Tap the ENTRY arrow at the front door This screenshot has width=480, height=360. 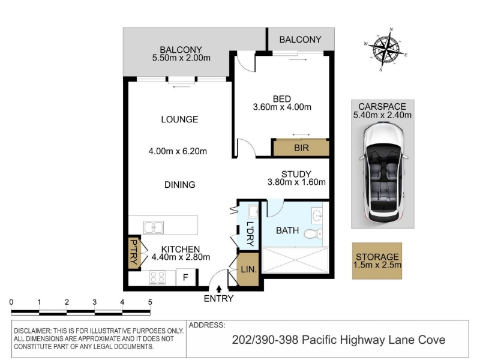(219, 289)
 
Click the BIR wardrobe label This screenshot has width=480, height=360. (301, 148)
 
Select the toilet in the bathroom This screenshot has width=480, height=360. (313, 234)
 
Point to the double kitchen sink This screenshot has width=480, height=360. (154, 227)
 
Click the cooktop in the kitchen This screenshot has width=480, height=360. (157, 278)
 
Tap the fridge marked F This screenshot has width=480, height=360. (185, 277)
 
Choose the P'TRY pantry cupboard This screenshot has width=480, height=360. (134, 252)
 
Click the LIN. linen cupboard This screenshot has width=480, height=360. (248, 269)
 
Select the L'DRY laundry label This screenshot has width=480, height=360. (250, 234)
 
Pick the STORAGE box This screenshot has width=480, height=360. (377, 261)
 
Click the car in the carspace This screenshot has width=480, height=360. (383, 172)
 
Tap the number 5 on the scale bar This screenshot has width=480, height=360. (150, 302)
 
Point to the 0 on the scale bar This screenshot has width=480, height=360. (11, 302)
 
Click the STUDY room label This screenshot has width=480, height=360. (296, 174)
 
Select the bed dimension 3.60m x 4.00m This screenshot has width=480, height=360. (282, 107)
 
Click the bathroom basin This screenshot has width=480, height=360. (317, 215)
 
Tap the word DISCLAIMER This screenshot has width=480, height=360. (32, 331)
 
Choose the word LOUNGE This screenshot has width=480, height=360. (179, 119)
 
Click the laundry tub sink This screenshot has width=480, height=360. (253, 212)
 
